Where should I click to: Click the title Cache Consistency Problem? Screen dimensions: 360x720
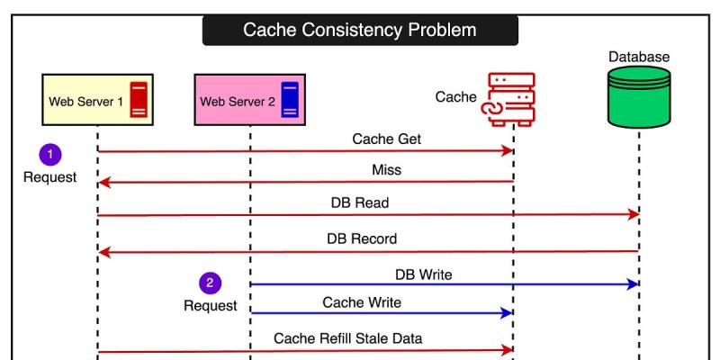[x=359, y=30]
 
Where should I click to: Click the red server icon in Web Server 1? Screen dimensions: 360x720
[x=138, y=99]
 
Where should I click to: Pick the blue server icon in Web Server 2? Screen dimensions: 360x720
[x=290, y=99]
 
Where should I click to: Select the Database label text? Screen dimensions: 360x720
[x=639, y=57]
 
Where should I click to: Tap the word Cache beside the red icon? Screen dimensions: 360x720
[x=455, y=96]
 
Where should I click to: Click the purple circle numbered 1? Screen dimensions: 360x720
[x=49, y=155]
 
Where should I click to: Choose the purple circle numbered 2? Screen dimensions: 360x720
[x=210, y=283]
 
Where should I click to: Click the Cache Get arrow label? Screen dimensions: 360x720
[x=386, y=139]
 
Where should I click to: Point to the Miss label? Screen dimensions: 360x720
[x=386, y=170]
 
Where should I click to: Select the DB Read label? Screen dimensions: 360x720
[x=360, y=203]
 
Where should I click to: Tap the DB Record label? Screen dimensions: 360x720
[x=362, y=239]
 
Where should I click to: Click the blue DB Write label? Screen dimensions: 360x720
[x=423, y=273]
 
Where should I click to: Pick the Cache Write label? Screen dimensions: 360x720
[x=362, y=302]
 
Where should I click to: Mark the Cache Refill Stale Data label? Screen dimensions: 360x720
[x=348, y=338]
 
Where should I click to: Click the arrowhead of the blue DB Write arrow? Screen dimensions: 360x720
[x=634, y=283]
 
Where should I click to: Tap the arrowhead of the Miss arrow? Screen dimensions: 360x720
[x=103, y=183]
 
